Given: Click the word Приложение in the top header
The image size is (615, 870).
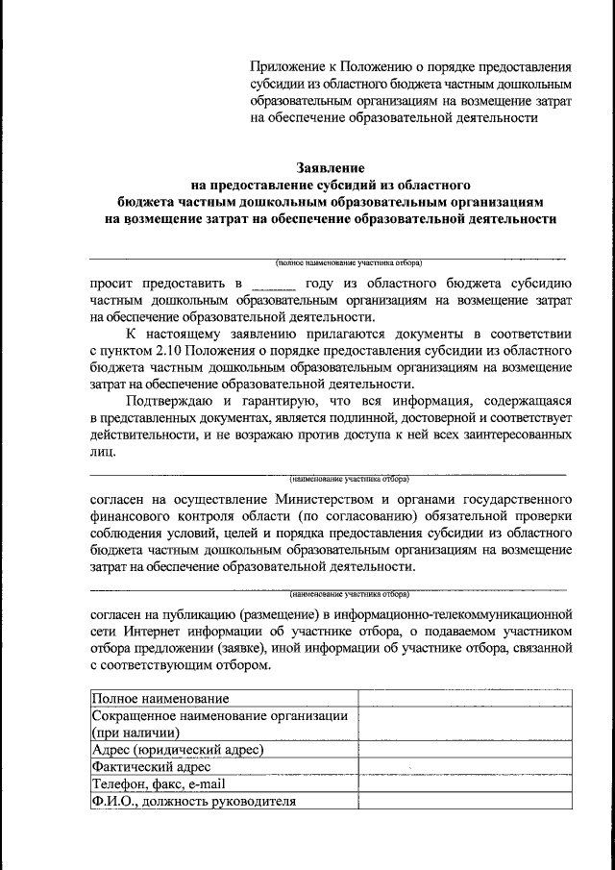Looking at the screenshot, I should [287, 67].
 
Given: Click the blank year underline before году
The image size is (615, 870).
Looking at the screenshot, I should [273, 285].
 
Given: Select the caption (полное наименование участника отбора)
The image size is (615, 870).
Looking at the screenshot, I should [348, 262].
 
